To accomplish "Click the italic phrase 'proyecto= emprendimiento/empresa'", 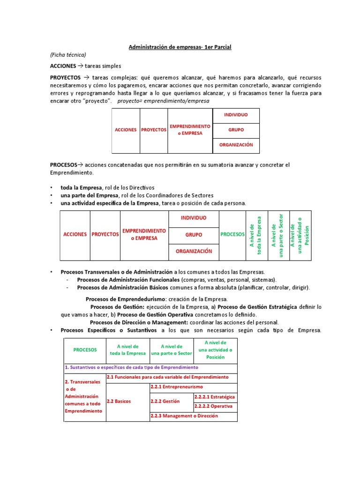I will tap(164, 101).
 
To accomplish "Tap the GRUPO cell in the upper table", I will tap(236, 130).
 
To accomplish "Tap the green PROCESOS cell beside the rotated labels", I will tap(232, 234).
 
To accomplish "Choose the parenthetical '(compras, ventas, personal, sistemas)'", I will tap(219, 280).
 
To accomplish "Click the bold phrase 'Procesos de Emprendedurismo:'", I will tap(126, 299).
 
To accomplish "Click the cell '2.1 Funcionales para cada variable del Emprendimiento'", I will tap(168, 377).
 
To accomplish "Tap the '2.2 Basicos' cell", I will tap(119, 401).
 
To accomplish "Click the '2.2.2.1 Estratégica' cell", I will tap(216, 397).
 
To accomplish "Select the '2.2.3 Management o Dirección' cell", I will tap(184, 416).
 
